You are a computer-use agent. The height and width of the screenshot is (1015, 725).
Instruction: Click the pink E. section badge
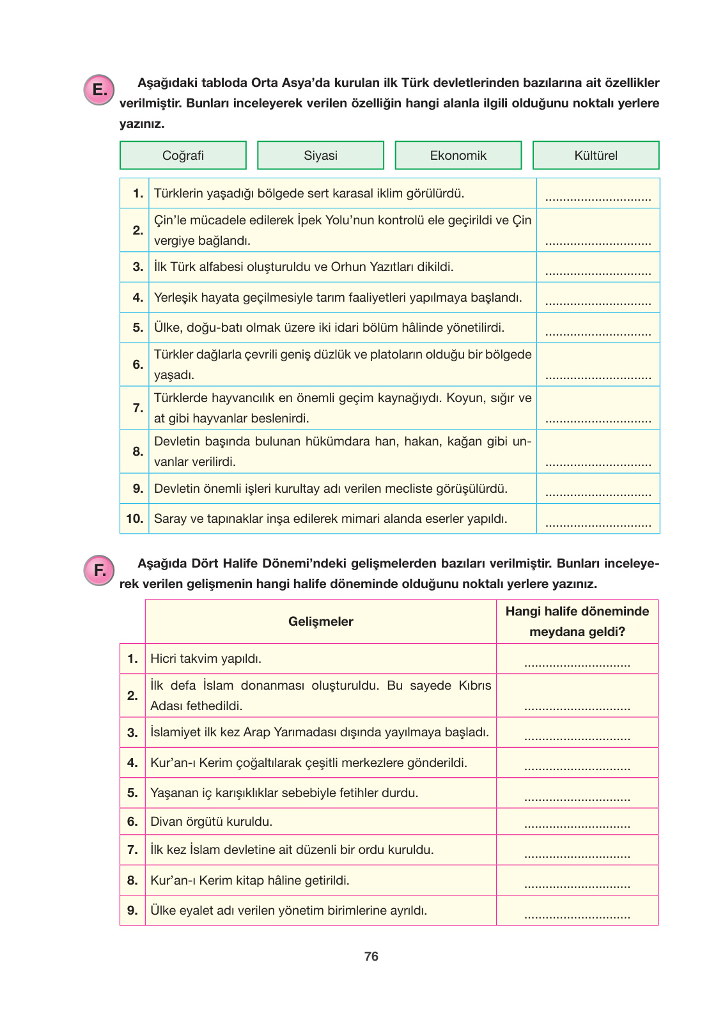tap(99, 90)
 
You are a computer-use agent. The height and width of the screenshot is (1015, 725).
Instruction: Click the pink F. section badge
tap(99, 570)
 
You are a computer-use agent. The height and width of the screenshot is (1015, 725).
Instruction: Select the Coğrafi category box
tap(183, 155)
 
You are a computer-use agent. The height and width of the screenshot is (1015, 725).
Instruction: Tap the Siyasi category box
tap(320, 155)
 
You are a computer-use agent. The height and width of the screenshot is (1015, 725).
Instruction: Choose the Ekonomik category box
tap(458, 155)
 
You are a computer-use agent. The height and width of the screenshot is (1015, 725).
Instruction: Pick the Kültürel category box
tap(596, 155)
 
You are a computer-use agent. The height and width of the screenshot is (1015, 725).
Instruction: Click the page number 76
tap(371, 956)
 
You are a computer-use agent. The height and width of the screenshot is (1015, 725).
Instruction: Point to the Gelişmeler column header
tap(320, 621)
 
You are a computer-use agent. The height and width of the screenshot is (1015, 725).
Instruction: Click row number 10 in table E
tap(134, 518)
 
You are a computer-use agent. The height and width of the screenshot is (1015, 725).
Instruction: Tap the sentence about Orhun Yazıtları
tap(304, 267)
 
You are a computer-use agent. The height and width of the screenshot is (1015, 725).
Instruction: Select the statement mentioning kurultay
tap(331, 489)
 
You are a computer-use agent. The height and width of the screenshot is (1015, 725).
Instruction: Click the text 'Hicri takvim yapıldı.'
tap(206, 658)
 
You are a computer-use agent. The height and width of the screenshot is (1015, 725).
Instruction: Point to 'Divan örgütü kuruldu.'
tap(211, 821)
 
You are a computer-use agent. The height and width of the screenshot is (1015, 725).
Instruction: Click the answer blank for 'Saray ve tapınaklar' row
tap(598, 524)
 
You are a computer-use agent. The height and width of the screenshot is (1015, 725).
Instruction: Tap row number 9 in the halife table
tap(132, 910)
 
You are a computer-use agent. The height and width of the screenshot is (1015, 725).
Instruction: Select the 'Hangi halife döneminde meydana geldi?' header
tap(577, 621)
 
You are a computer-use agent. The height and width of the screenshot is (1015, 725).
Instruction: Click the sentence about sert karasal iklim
tap(309, 193)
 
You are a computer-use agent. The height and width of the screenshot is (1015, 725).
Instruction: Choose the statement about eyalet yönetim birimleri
tap(288, 910)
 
